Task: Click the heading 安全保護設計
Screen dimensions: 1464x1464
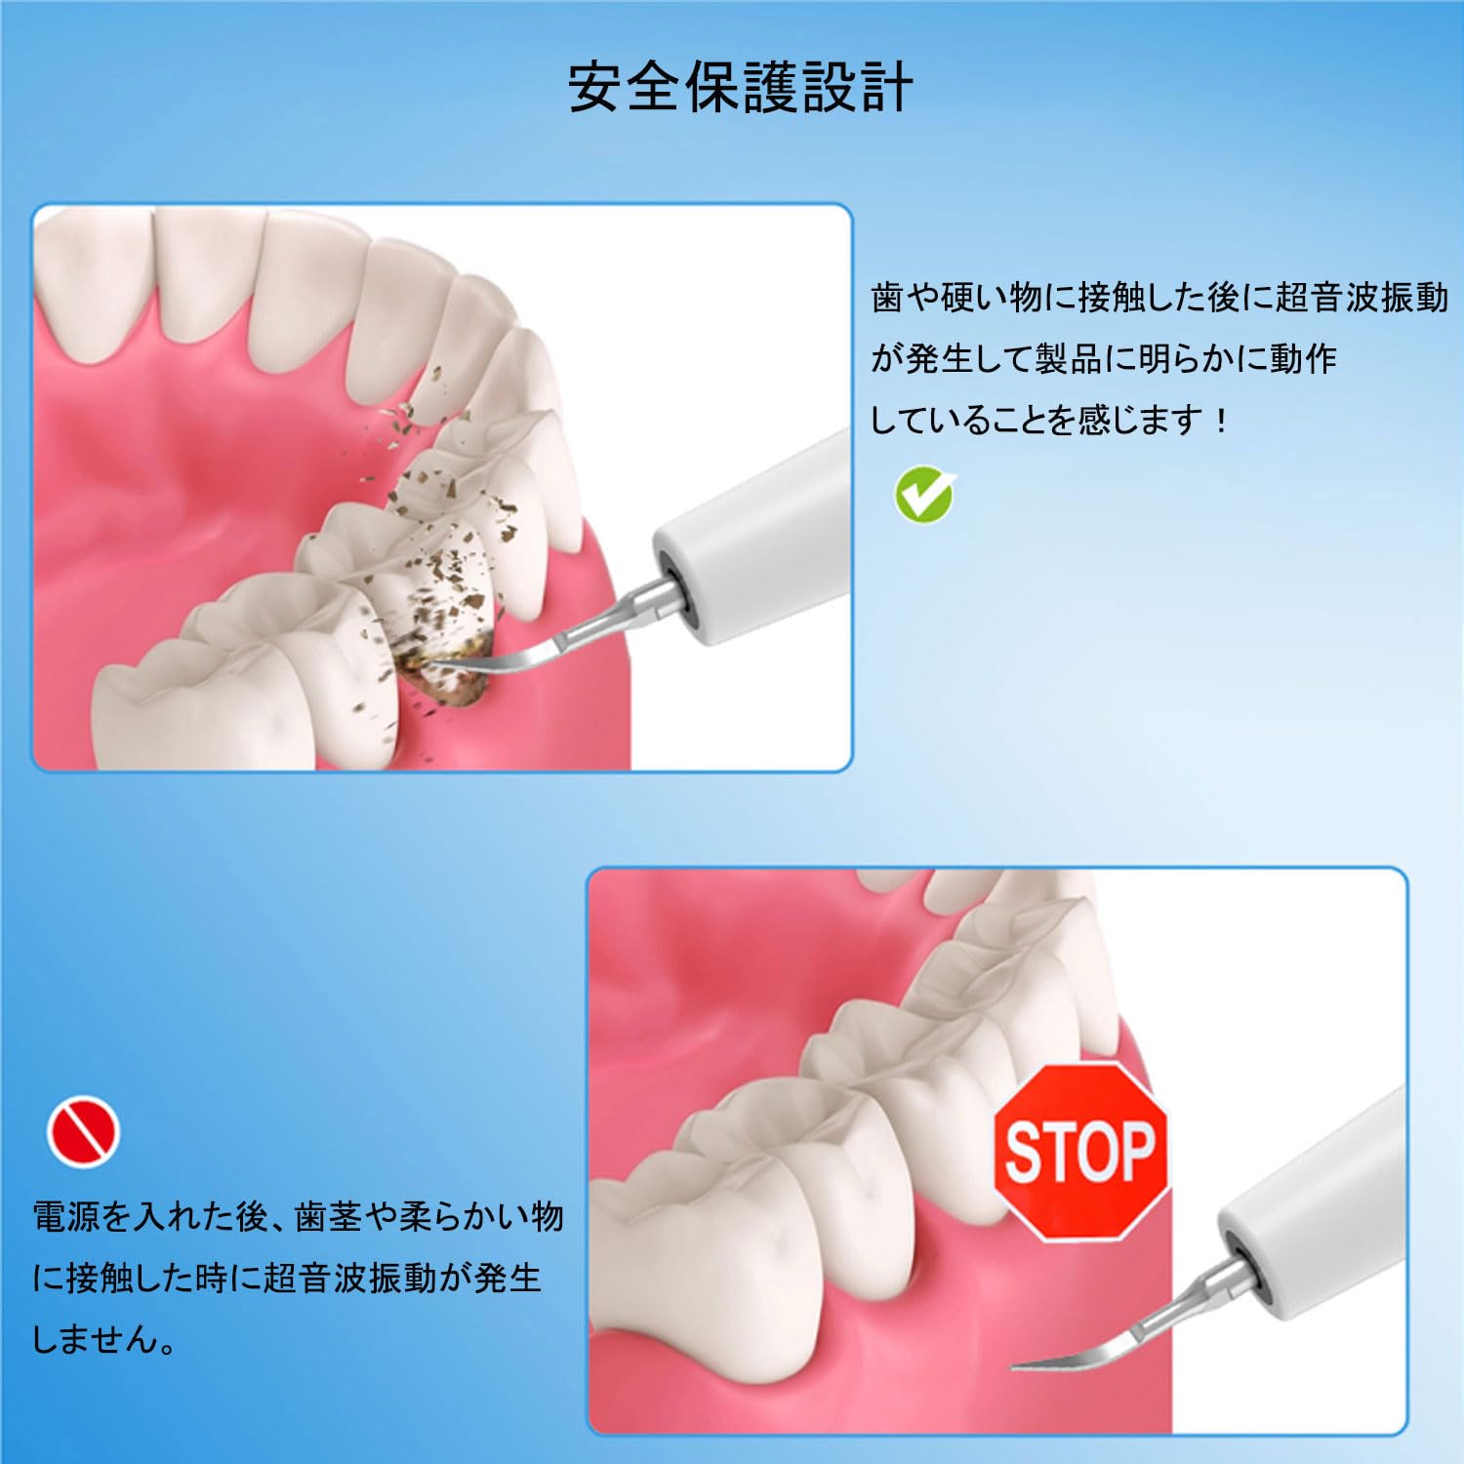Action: coord(741,89)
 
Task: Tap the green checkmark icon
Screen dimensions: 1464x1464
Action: coord(923,495)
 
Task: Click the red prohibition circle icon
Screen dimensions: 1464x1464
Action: coord(84,1132)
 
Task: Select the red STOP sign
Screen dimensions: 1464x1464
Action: coord(1081,1152)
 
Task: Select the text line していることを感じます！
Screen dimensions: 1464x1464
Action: coord(1050,421)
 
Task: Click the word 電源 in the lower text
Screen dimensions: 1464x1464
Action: coord(66,1217)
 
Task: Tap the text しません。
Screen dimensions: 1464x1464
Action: coord(105,1339)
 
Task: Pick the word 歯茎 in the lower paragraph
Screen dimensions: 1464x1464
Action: coord(329,1217)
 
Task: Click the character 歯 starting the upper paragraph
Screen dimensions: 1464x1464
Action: coord(887,299)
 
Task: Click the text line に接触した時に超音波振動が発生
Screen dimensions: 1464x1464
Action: coord(287,1279)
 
